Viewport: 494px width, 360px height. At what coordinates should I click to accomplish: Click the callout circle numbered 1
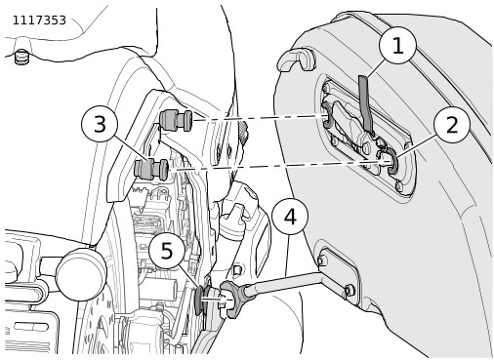coord(397,46)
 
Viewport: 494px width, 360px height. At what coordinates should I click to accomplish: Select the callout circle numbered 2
coord(452,125)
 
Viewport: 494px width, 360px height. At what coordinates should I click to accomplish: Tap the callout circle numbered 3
coord(100,124)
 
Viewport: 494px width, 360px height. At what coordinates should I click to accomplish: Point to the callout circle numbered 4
coord(290,217)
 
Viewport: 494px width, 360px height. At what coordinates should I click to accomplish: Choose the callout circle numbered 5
coord(167,250)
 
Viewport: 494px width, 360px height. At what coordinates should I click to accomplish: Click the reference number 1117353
coord(39,20)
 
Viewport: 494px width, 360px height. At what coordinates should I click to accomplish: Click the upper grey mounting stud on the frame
coord(176,120)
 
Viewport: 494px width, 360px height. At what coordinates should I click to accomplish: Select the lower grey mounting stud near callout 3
coord(151,169)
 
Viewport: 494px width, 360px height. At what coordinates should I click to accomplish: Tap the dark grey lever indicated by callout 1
coord(366,104)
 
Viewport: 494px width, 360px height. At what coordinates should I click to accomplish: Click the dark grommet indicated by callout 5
coord(198,300)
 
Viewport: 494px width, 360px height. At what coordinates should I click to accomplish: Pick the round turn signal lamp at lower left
coord(81,274)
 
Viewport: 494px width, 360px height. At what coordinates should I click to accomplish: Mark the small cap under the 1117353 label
coord(21,57)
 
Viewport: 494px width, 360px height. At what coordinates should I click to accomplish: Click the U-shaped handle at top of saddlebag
coord(296,59)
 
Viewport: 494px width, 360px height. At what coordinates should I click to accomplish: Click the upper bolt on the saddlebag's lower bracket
coord(321,260)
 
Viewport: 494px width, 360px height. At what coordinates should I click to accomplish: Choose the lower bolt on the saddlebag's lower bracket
coord(349,291)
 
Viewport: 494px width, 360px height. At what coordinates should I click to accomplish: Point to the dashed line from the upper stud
coord(259,118)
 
